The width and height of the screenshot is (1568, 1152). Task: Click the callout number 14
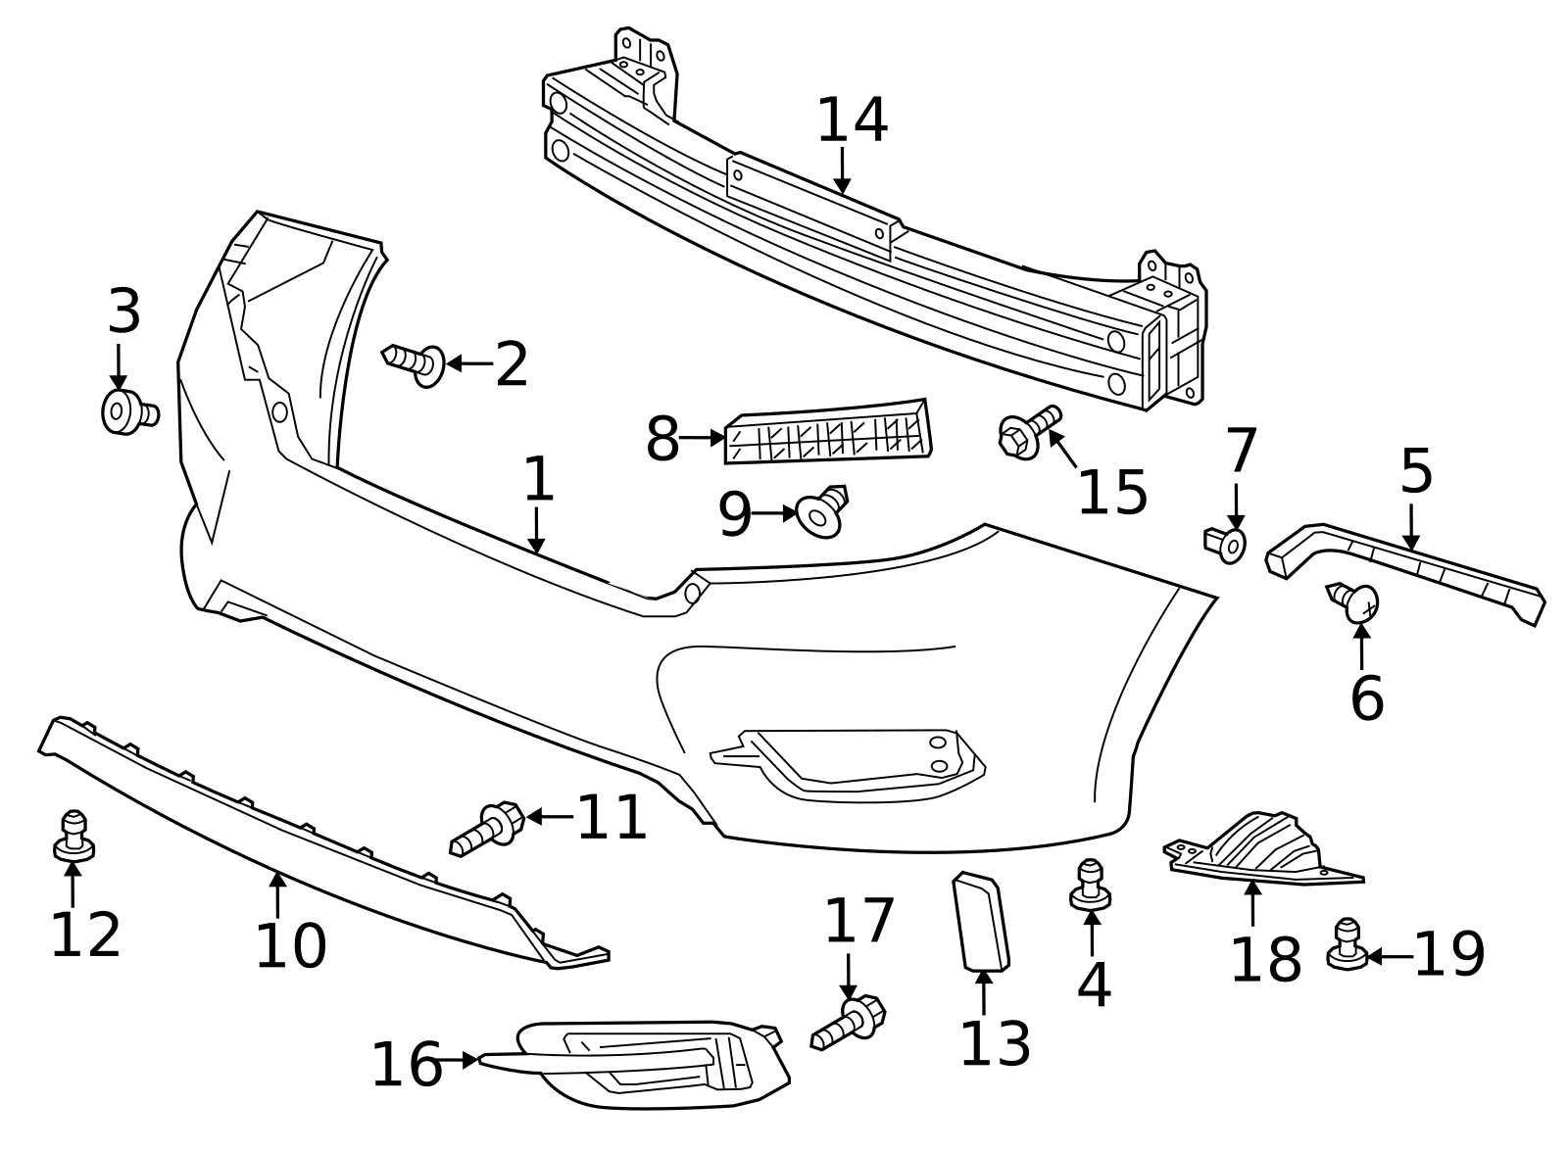pos(852,120)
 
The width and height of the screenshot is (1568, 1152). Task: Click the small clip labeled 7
pos(1226,543)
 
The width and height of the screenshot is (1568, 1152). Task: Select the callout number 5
pos(1416,471)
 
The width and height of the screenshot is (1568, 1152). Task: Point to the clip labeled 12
pos(73,835)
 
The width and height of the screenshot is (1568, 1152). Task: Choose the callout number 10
pos(290,946)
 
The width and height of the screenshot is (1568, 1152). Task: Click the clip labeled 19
pos(1347,945)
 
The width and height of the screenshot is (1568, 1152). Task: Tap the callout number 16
pos(406,1066)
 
